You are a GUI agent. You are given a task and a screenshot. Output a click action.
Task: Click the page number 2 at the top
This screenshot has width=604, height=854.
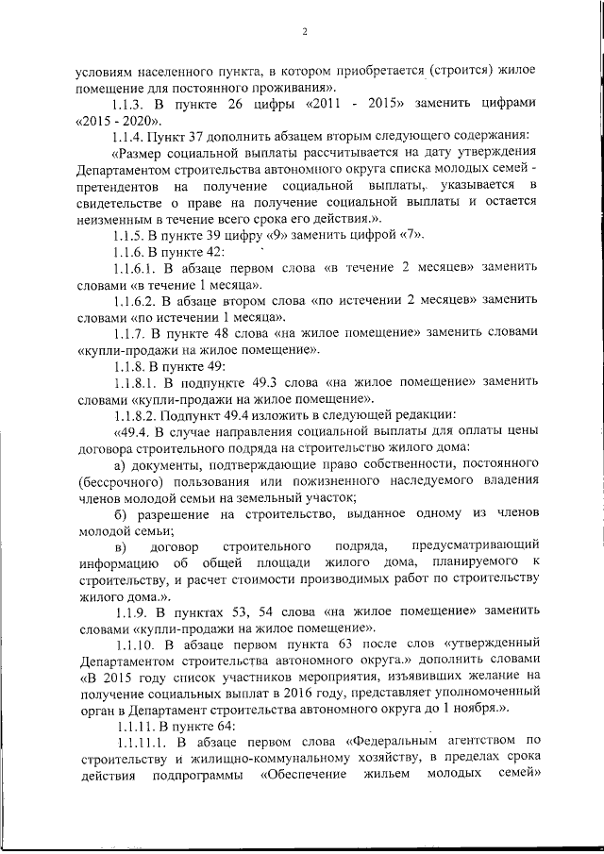pos(305,32)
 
